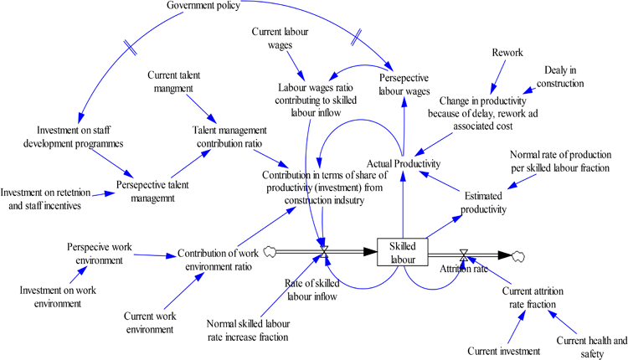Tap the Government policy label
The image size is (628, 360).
[x=203, y=6]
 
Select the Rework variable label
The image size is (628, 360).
[x=507, y=52]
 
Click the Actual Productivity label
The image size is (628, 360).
[x=404, y=163]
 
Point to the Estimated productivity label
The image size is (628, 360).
[x=484, y=202]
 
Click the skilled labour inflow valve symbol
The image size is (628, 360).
[x=324, y=251]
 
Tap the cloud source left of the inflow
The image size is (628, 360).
[x=270, y=250]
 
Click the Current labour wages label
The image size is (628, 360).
[x=280, y=39]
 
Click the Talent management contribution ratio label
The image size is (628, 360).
[x=229, y=137]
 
